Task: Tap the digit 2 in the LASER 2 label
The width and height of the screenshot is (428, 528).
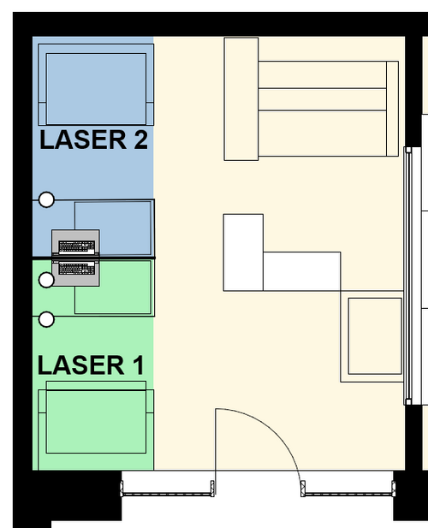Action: click(x=139, y=139)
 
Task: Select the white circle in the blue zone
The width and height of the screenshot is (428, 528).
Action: click(x=46, y=199)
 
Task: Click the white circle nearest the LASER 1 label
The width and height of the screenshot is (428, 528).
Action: click(x=46, y=319)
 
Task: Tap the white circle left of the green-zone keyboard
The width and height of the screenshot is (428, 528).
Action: click(x=46, y=279)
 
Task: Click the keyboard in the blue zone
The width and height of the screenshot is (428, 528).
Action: click(x=77, y=245)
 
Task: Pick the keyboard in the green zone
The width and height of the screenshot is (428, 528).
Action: click(x=77, y=270)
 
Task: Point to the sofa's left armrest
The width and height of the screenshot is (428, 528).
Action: click(x=241, y=98)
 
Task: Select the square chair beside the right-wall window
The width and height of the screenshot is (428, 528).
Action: click(x=375, y=338)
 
